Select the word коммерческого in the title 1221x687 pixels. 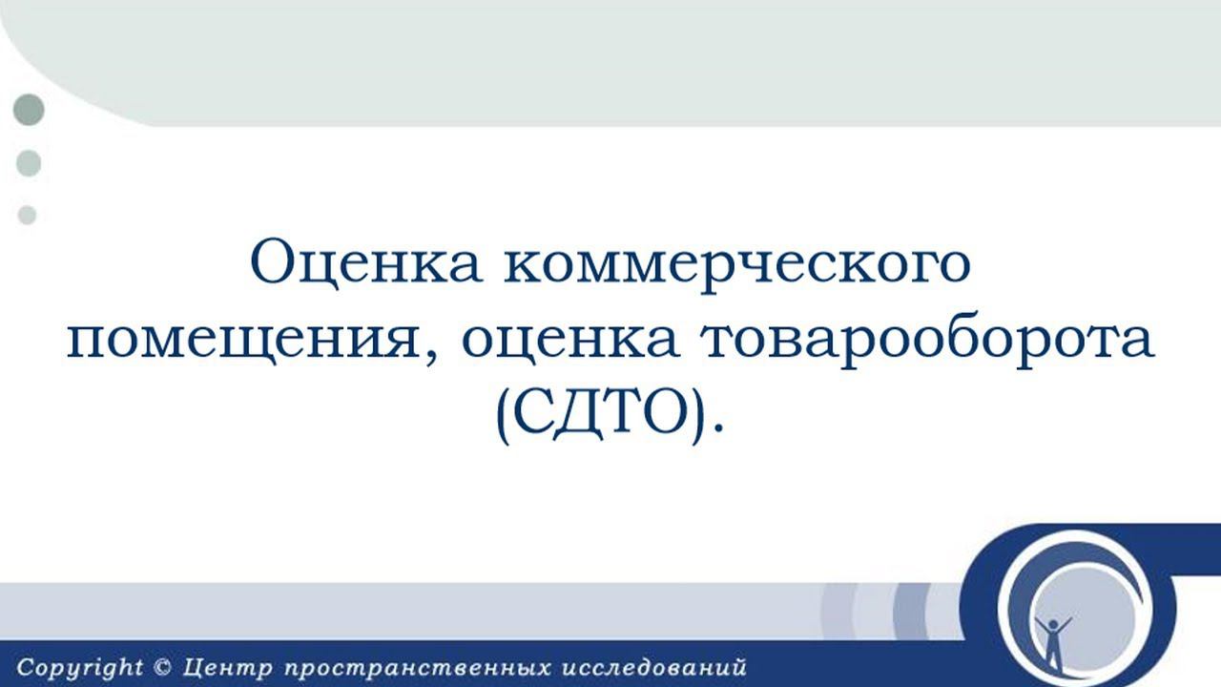click(734, 264)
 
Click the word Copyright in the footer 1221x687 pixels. click(78, 668)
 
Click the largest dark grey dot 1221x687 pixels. click(30, 111)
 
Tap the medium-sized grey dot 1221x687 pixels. click(29, 163)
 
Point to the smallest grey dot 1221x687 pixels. click(28, 216)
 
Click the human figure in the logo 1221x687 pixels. click(1053, 639)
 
